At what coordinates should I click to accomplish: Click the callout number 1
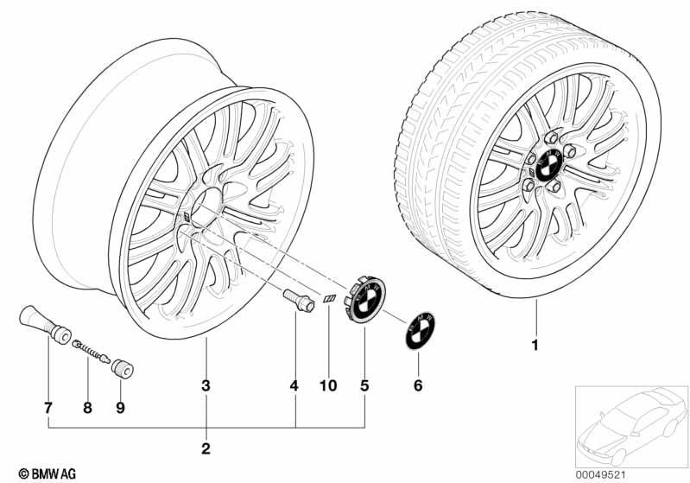coord(535,345)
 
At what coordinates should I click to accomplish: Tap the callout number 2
coord(206,448)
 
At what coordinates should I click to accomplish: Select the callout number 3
coord(206,385)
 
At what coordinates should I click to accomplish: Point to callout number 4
coord(294,385)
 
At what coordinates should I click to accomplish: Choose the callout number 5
coord(364,385)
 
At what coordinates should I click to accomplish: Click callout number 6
coord(418,385)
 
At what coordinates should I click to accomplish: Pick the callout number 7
coord(48,408)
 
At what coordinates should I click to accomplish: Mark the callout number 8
coord(87,408)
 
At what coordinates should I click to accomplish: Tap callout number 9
coord(120,408)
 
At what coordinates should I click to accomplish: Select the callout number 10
coord(328,385)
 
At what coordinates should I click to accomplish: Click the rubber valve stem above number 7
coord(45,323)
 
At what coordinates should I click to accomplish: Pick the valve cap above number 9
coord(123,370)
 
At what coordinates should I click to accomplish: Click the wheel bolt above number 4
coord(299,301)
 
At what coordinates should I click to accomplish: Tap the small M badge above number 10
coord(330,299)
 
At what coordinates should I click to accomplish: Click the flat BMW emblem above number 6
coord(421,331)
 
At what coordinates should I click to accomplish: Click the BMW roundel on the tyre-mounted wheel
coord(549,165)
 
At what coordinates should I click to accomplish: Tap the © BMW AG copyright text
coord(47,473)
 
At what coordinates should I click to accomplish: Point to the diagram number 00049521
coord(600,474)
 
